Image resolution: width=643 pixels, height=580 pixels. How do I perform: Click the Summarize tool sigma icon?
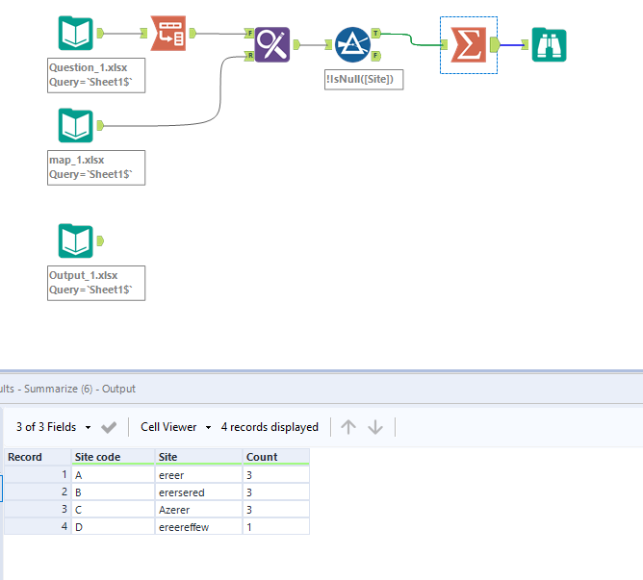(x=469, y=44)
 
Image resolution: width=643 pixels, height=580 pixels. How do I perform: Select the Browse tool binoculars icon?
(x=549, y=44)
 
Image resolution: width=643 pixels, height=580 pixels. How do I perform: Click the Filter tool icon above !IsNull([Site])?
(x=353, y=44)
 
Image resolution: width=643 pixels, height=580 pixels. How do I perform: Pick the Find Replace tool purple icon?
(x=272, y=44)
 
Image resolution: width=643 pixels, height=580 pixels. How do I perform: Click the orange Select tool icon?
(x=168, y=34)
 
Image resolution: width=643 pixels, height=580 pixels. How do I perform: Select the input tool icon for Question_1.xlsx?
(x=76, y=34)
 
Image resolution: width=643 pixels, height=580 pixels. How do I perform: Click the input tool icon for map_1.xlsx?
(x=76, y=125)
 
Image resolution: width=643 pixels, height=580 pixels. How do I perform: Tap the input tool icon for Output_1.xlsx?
(x=76, y=240)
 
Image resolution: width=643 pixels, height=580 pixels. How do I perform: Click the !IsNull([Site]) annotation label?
(x=364, y=80)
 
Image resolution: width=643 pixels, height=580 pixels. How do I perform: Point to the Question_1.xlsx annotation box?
(x=95, y=75)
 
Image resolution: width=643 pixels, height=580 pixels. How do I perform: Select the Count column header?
(x=262, y=457)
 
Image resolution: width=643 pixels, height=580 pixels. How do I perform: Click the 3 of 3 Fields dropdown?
(x=54, y=427)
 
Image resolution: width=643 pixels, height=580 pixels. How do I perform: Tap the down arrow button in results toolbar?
(x=375, y=427)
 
